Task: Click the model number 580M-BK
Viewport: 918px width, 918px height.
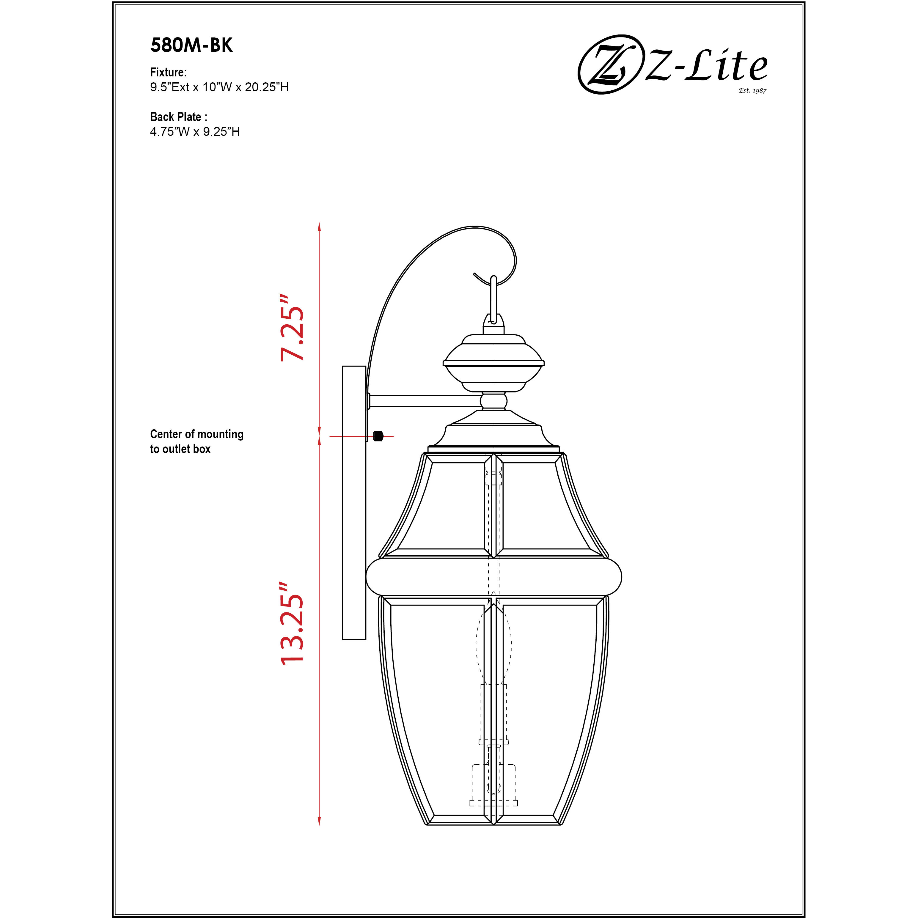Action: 191,45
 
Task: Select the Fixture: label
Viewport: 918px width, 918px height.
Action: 168,72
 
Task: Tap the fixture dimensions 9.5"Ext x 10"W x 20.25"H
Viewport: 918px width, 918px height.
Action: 219,87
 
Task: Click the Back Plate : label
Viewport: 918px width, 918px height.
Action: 178,117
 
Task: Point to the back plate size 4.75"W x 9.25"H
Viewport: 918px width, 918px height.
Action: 195,132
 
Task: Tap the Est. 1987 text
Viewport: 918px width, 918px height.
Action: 752,90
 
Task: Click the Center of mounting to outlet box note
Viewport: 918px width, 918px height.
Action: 196,441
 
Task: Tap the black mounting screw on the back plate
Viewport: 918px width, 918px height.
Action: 378,436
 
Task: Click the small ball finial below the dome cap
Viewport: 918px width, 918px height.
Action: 494,401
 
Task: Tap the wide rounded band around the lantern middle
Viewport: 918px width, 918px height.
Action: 494,576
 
